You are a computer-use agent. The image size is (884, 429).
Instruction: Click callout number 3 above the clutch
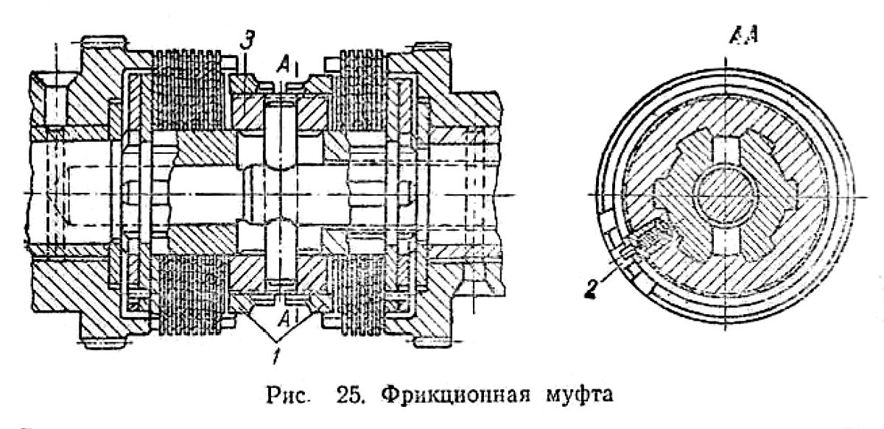[x=249, y=41]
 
